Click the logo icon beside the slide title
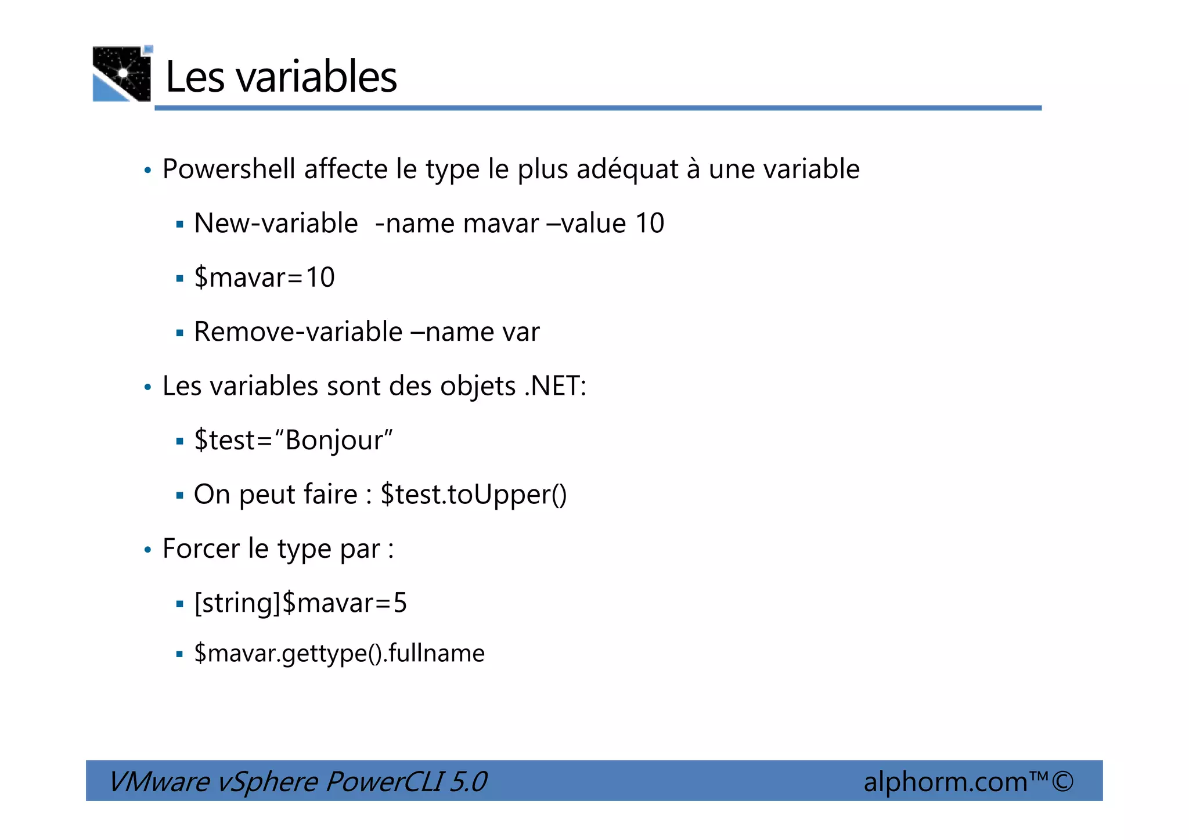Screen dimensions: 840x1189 [x=122, y=74]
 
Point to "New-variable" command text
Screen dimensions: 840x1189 [x=276, y=223]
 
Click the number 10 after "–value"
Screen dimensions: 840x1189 [x=650, y=223]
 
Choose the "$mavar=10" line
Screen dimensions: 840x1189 [x=264, y=277]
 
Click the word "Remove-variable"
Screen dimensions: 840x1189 [x=298, y=332]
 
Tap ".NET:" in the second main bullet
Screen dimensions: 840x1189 [x=556, y=386]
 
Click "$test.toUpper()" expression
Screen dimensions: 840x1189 [x=473, y=495]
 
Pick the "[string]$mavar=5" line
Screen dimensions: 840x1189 [x=300, y=603]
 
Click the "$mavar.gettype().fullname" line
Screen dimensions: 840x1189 [x=339, y=654]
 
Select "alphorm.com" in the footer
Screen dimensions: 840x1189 [x=945, y=782]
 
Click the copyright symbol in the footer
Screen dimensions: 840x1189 [x=1062, y=781]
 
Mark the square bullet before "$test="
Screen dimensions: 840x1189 [x=179, y=442]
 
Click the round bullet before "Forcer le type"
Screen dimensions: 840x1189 [x=147, y=550]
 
